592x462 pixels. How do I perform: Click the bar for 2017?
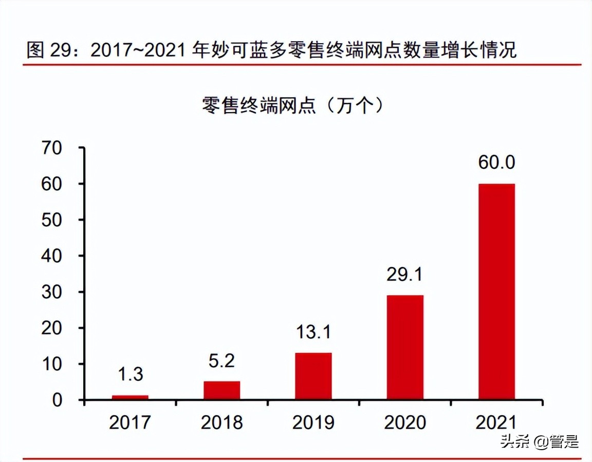[130, 397]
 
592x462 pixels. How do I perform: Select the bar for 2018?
[221, 390]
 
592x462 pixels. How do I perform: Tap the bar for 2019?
[313, 376]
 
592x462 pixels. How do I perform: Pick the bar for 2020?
[405, 347]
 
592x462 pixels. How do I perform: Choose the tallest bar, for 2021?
[496, 291]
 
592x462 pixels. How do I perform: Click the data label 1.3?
[130, 374]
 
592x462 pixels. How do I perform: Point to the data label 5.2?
[221, 360]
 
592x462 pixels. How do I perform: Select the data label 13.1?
[313, 332]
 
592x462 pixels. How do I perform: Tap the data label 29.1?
[405, 274]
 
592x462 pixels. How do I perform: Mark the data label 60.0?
[496, 163]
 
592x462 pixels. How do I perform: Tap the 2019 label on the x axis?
[313, 422]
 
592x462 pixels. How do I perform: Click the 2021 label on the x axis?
[496, 422]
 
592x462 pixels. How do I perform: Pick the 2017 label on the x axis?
[130, 422]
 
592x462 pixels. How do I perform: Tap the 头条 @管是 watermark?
[540, 441]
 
